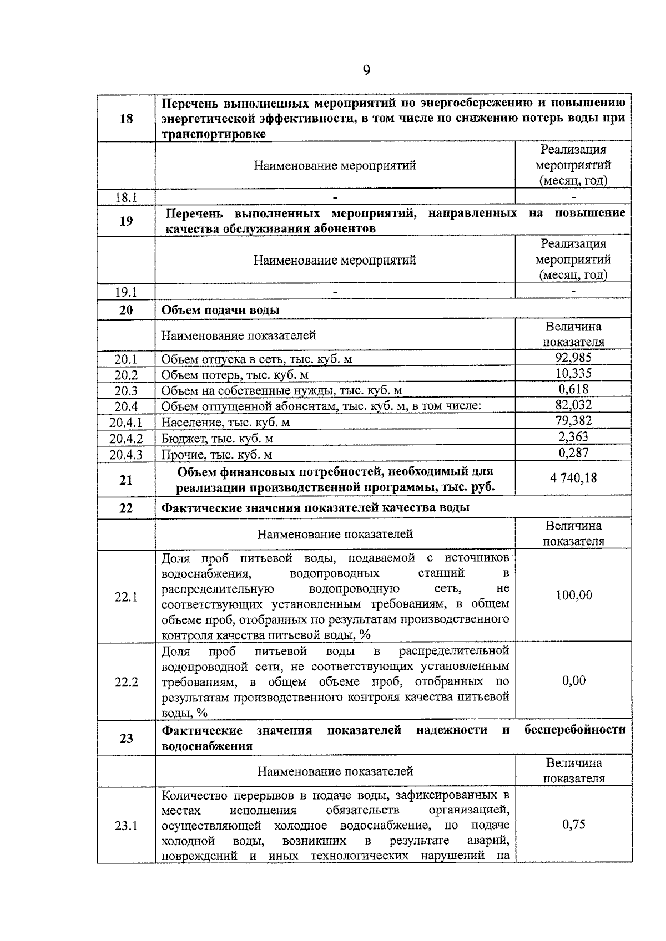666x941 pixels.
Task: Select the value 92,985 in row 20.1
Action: coord(573,358)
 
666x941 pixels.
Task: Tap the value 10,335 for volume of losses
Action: coord(573,373)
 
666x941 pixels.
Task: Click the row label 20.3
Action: coord(126,391)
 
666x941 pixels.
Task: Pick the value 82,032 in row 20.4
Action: coord(573,405)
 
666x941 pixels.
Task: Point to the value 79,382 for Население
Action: coord(573,421)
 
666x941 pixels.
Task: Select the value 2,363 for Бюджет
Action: coord(573,436)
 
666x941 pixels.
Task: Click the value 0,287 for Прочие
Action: coord(573,452)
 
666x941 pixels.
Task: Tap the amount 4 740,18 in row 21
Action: coord(573,478)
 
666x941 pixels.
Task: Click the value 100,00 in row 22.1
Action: coord(573,596)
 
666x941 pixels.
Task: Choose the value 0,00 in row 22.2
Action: coord(573,681)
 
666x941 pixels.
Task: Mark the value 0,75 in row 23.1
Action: coord(573,825)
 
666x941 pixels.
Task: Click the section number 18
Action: coord(126,118)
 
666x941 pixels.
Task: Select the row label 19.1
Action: coord(126,292)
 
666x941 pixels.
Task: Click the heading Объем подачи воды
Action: coord(220,310)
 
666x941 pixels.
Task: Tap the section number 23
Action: coord(126,738)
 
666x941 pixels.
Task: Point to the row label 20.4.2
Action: coord(126,439)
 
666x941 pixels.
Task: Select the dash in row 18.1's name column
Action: coord(335,196)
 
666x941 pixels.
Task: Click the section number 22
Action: coord(126,507)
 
